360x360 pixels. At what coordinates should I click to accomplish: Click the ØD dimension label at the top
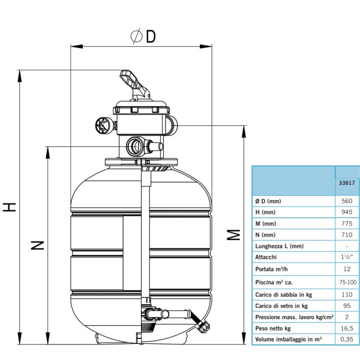(143, 36)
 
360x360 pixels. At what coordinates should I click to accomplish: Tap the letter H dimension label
(9, 207)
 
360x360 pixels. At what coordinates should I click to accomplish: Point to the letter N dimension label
(37, 245)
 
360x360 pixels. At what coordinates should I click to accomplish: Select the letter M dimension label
(233, 235)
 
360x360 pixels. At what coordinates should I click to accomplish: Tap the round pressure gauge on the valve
(104, 125)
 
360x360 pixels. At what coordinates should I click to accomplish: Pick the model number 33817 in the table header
(347, 183)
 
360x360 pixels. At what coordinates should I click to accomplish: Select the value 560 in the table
(347, 201)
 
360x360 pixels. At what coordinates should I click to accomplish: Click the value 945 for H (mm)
(347, 212)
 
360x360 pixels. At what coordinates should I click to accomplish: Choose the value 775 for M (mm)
(347, 223)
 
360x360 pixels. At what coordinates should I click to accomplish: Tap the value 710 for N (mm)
(347, 235)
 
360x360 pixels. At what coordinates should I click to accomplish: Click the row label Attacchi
(266, 257)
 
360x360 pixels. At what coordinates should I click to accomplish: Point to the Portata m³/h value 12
(347, 269)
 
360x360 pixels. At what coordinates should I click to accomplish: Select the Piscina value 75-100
(347, 282)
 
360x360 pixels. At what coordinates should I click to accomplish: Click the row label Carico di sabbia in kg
(284, 295)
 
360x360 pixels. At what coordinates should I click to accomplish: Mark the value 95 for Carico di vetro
(347, 306)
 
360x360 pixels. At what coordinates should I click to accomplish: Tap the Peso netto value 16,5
(347, 328)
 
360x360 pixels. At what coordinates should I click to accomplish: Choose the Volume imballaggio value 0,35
(347, 340)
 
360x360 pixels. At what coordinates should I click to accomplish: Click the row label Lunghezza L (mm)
(280, 246)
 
